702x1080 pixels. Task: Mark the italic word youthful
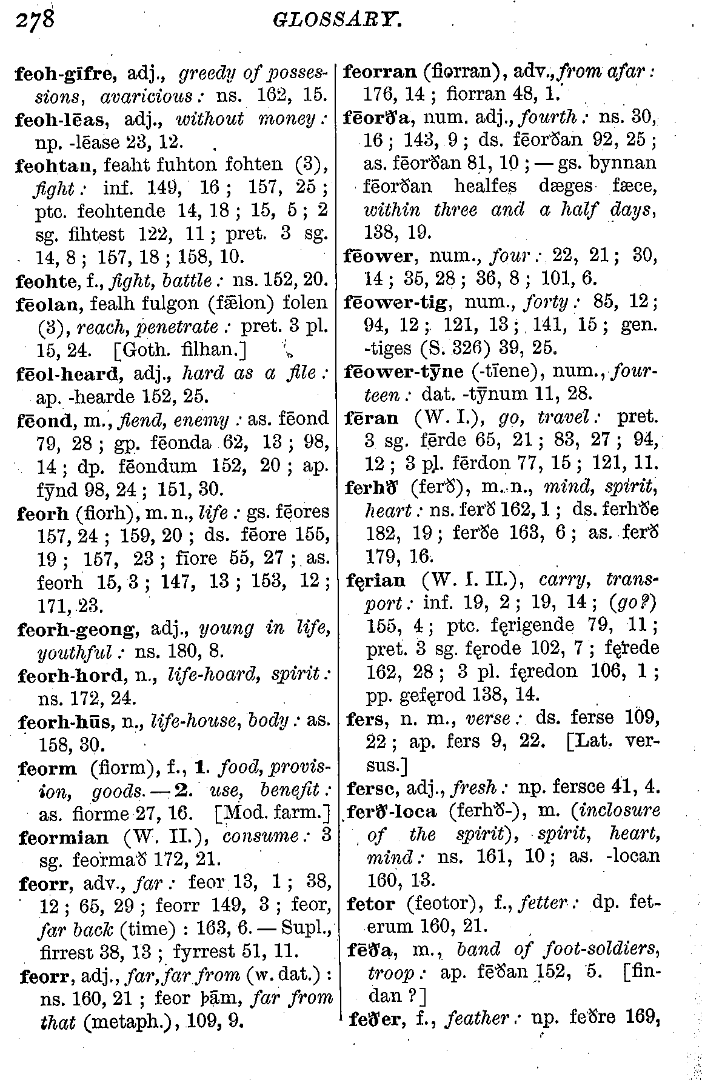pyautogui.click(x=75, y=652)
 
